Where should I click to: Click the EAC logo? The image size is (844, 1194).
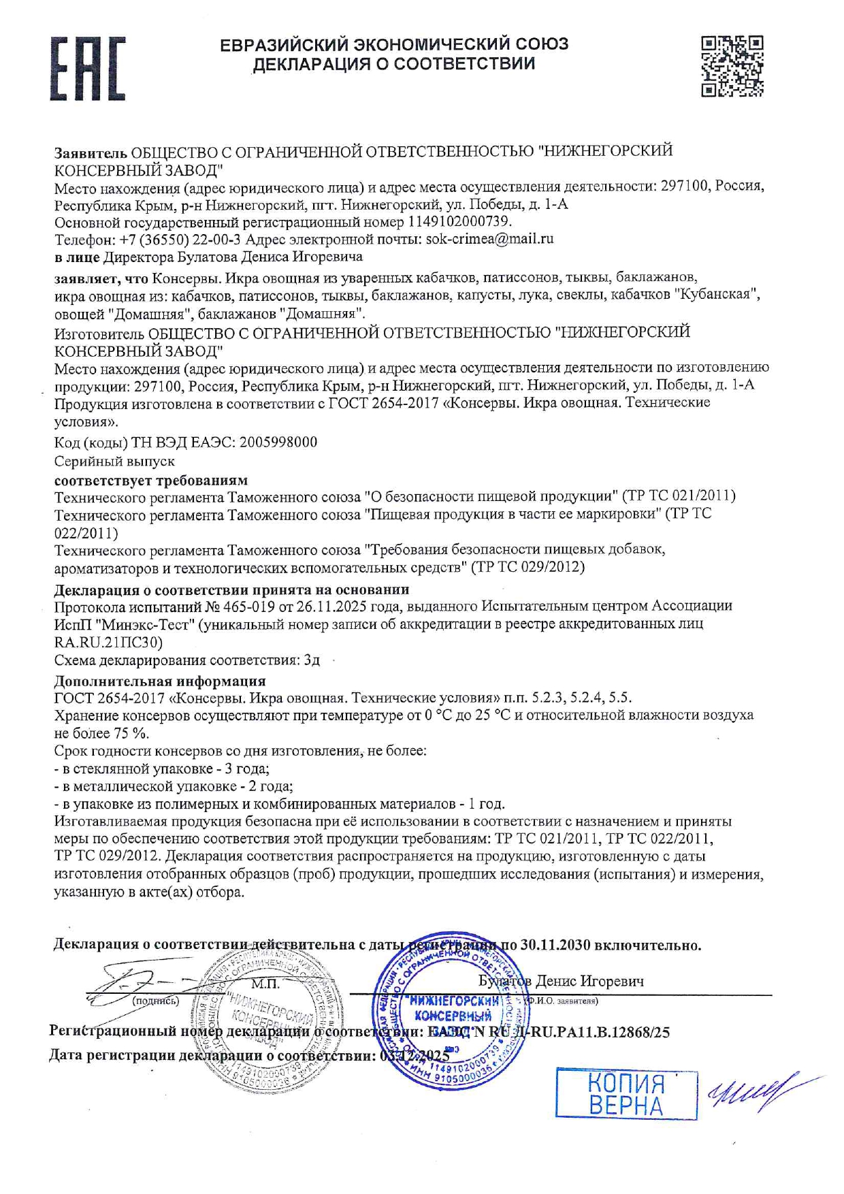[87, 69]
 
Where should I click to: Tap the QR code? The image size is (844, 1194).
[732, 66]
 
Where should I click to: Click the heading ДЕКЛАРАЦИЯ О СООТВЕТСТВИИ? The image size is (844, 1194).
[394, 65]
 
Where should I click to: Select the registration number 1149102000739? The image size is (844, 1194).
[459, 221]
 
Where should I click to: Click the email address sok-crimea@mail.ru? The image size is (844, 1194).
[489, 239]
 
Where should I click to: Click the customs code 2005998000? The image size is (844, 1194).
[278, 442]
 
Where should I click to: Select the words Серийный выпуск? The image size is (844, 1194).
[114, 461]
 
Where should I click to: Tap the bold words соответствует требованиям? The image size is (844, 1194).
[151, 479]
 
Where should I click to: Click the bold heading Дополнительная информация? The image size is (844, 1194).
[160, 681]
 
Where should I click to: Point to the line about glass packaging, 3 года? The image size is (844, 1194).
[162, 769]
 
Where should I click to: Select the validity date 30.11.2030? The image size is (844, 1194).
[555, 945]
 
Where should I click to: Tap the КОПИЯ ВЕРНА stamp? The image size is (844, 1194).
[626, 1093]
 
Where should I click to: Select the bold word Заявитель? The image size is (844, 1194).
[91, 151]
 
